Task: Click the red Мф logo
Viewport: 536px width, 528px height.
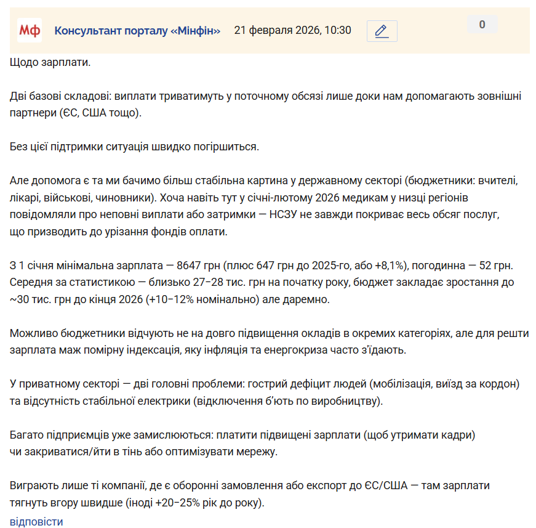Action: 29,31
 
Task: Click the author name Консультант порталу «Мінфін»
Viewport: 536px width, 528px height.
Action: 137,31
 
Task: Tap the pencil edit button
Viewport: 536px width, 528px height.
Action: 382,31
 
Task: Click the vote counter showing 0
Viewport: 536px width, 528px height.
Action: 482,25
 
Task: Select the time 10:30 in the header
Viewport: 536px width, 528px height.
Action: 338,31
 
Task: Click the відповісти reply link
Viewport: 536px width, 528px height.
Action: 36,521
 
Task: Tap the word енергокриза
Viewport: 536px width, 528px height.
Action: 333,350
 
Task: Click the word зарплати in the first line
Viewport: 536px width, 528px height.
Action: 67,63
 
